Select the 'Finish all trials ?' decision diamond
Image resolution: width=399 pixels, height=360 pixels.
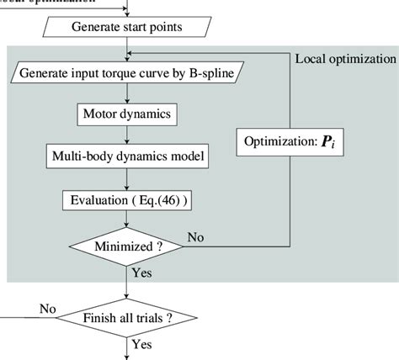click(127, 318)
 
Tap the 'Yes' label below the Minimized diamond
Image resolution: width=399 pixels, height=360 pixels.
click(143, 273)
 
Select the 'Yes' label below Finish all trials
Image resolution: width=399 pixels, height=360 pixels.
click(143, 344)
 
